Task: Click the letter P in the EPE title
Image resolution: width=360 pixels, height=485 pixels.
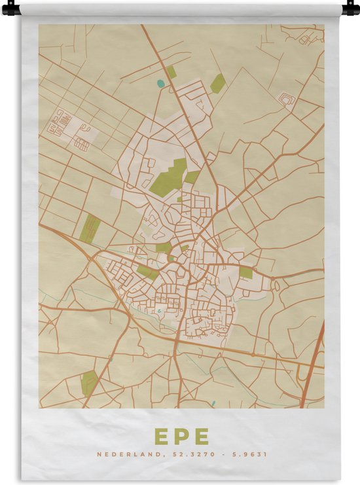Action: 181,436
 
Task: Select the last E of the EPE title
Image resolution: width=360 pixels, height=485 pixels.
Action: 201,436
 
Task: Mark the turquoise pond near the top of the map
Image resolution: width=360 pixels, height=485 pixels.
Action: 160,83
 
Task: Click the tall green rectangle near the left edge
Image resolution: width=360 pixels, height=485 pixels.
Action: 90,228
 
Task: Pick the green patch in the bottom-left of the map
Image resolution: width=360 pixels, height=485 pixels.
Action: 89,382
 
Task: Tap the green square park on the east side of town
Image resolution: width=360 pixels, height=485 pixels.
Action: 245,272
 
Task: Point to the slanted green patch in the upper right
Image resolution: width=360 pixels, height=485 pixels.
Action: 218,83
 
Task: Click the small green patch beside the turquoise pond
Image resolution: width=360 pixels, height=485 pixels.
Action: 171,71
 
